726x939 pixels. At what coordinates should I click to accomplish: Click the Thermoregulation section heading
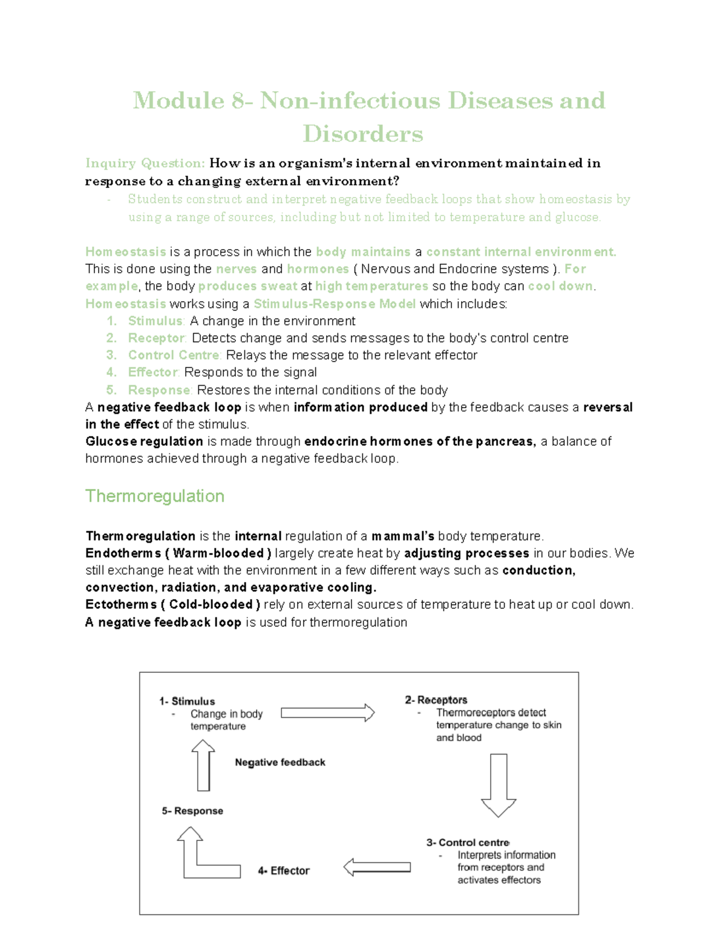(x=155, y=496)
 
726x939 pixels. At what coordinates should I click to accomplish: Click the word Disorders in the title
(x=362, y=134)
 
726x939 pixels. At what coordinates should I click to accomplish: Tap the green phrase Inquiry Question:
(x=145, y=163)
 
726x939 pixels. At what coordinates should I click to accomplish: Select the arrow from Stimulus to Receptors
(x=327, y=713)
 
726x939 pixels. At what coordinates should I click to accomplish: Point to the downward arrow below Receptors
(x=499, y=785)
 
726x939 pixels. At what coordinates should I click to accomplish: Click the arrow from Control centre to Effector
(x=378, y=867)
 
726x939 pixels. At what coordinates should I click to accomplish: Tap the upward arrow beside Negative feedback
(x=203, y=765)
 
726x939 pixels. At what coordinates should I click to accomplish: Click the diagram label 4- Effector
(x=284, y=871)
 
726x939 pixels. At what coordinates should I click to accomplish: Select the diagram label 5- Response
(x=192, y=811)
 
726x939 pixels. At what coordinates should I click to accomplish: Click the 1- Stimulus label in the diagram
(x=187, y=701)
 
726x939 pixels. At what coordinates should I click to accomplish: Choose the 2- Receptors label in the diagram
(x=436, y=700)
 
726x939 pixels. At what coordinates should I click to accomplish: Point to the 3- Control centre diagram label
(x=468, y=842)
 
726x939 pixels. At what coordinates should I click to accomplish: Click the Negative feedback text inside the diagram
(x=280, y=762)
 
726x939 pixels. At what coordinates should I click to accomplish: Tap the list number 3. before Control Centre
(x=111, y=355)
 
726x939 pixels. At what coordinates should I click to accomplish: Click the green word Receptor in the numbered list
(x=156, y=338)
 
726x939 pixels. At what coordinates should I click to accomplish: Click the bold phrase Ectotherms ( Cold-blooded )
(x=173, y=605)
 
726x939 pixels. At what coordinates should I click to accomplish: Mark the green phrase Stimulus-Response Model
(x=335, y=304)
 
